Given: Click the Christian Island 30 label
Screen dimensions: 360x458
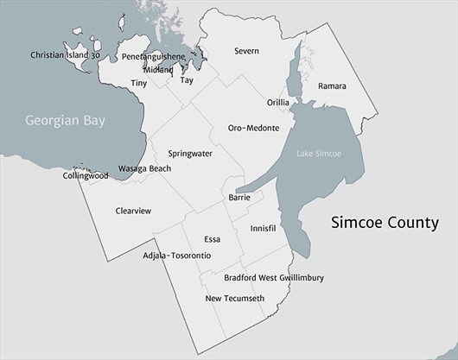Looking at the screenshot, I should click(x=66, y=55).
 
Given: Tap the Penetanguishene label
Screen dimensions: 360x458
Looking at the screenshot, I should click(x=153, y=56).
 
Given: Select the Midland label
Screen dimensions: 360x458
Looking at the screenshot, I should click(x=159, y=69).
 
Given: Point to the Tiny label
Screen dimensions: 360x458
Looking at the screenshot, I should click(x=138, y=83).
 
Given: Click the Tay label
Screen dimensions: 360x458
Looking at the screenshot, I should click(x=187, y=80).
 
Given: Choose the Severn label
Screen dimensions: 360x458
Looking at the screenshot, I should click(x=246, y=51).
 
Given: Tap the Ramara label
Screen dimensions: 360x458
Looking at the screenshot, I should click(x=332, y=86).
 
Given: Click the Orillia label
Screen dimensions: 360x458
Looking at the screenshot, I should click(x=277, y=102).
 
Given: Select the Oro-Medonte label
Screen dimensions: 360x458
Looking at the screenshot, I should click(x=253, y=128).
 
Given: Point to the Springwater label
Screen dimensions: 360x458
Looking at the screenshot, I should click(x=190, y=153).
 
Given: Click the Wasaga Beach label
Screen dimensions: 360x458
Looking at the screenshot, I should click(x=144, y=168).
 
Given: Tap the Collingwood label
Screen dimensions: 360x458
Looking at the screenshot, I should click(x=86, y=175).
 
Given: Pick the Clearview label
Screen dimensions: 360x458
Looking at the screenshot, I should click(x=133, y=210).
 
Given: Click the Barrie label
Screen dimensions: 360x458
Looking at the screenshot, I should click(x=239, y=198).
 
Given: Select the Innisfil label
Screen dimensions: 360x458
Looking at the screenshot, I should click(x=262, y=229).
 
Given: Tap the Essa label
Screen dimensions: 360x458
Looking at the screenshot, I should click(x=213, y=238).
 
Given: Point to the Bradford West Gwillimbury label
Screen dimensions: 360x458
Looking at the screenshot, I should click(x=274, y=278).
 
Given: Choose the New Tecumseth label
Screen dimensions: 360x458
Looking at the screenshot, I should click(x=234, y=299).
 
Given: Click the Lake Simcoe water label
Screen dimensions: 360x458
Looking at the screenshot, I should click(x=319, y=154).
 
